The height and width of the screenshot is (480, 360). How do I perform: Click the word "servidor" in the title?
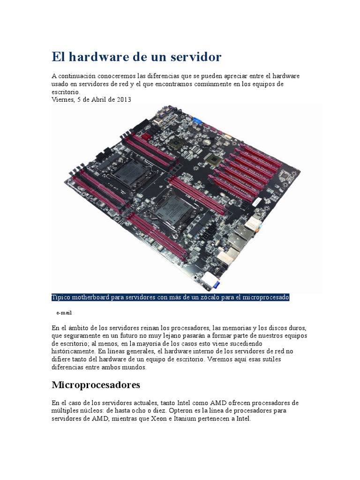pos(196,57)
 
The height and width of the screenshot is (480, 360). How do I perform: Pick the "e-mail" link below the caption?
pos(64,312)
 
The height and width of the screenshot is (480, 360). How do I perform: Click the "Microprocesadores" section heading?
pos(96,385)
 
